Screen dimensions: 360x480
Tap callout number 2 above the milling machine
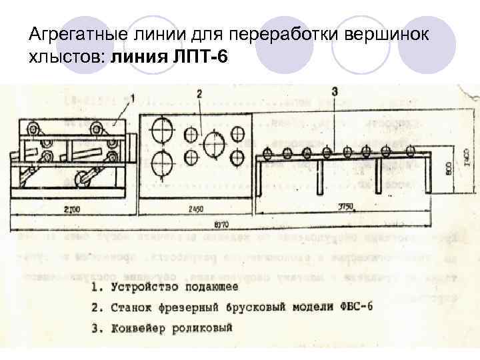coord(199,95)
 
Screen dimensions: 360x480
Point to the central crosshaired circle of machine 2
coord(213,145)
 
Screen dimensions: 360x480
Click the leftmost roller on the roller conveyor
coord(267,153)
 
